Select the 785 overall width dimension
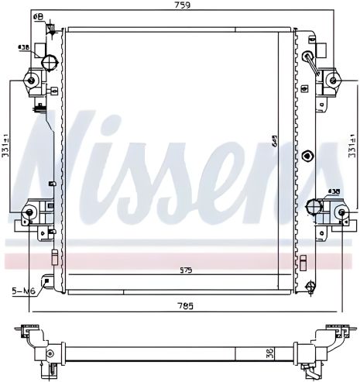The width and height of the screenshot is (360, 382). pyautogui.click(x=183, y=305)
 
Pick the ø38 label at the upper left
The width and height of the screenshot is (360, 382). pyautogui.click(x=24, y=46)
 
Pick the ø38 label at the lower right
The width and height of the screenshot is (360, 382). pyautogui.click(x=334, y=190)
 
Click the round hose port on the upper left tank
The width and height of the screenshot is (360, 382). pyautogui.click(x=51, y=62)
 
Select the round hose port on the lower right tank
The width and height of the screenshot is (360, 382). pyautogui.click(x=314, y=206)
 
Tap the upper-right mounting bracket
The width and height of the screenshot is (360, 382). pyautogui.click(x=334, y=79)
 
